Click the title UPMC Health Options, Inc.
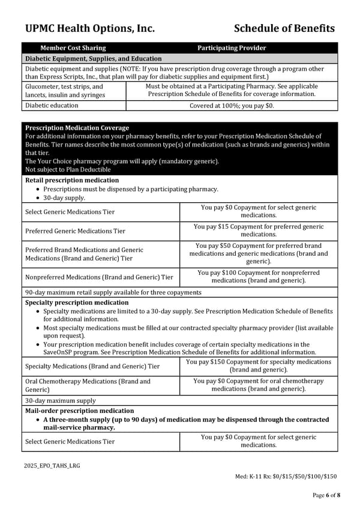[x=90, y=28]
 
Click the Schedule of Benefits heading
[x=284, y=28]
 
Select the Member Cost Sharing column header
[x=73, y=48]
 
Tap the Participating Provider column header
[x=232, y=48]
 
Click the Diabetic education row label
[x=52, y=106]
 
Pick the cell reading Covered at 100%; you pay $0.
[x=232, y=106]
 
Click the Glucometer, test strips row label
[x=64, y=91]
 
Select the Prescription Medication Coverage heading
[x=77, y=128]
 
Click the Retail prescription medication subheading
[x=72, y=180]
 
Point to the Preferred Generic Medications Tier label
[x=76, y=231]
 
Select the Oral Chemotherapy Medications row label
[x=88, y=385]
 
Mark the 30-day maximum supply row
[x=61, y=401]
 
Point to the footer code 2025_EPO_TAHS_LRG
[x=52, y=466]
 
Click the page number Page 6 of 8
[x=326, y=495]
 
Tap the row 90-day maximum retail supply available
[x=113, y=292]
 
